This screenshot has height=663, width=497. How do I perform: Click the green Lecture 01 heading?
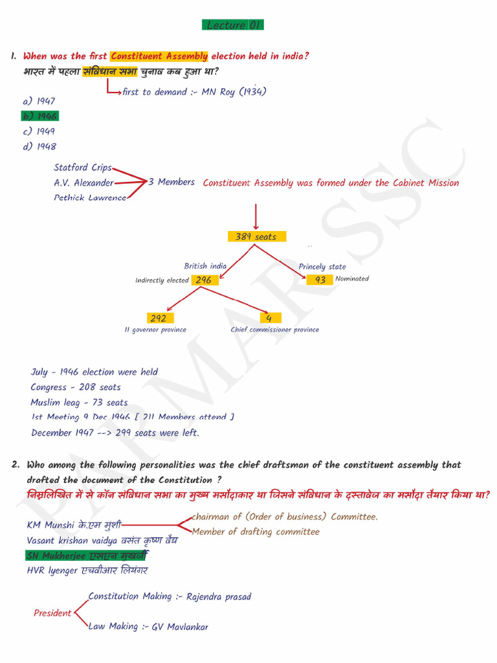tap(233, 25)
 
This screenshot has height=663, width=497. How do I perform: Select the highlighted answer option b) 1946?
tap(39, 117)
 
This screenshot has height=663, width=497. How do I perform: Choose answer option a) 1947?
tap(39, 102)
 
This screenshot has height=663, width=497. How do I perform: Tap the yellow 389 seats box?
tap(256, 237)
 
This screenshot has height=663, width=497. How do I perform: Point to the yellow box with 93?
tap(320, 280)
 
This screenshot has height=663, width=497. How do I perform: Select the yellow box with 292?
tap(159, 318)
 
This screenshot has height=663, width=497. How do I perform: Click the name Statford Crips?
tap(83, 168)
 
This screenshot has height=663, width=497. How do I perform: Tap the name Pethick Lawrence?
tap(90, 197)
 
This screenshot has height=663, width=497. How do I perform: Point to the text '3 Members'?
tap(171, 183)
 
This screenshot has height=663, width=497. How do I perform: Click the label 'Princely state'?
tap(322, 267)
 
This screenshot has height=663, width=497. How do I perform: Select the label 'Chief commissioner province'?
tap(275, 330)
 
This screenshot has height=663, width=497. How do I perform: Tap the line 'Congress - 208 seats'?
tap(76, 387)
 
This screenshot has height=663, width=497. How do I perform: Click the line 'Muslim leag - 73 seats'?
tap(79, 403)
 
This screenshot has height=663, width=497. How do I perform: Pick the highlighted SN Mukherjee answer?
tap(87, 556)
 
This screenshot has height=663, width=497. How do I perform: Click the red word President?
tap(52, 613)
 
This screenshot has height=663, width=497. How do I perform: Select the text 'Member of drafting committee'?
tap(256, 532)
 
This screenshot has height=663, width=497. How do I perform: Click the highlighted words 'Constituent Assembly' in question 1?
tap(159, 56)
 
